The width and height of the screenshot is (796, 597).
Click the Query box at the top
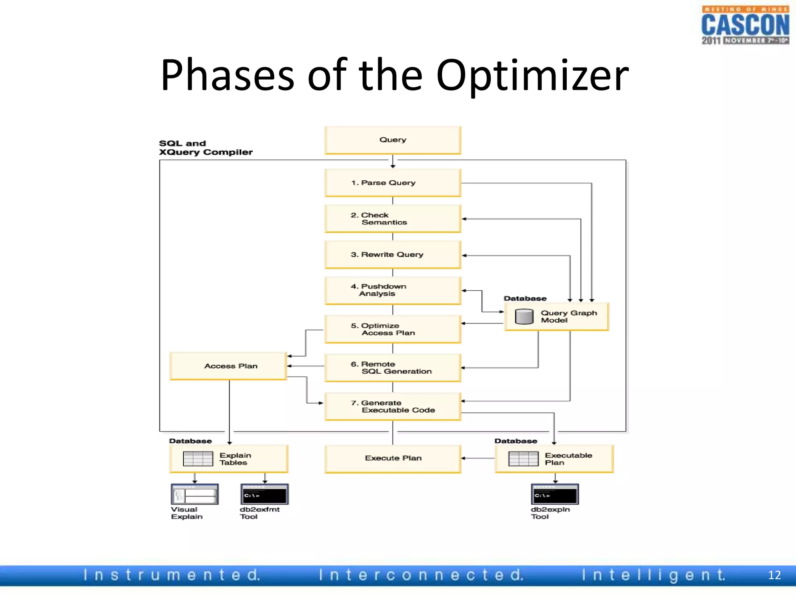pyautogui.click(x=393, y=140)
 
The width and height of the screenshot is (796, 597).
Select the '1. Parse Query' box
pyautogui.click(x=393, y=183)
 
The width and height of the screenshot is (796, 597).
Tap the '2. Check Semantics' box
pyautogui.click(x=393, y=219)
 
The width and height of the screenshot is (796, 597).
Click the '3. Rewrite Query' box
pyautogui.click(x=393, y=255)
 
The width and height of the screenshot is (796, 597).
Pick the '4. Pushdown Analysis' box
pyautogui.click(x=393, y=290)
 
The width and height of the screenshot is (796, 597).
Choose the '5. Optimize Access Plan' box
pyautogui.click(x=393, y=329)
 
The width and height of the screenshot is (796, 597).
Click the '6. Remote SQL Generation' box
pyautogui.click(x=393, y=368)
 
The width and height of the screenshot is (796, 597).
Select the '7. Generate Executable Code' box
pyautogui.click(x=393, y=407)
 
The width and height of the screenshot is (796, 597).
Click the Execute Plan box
pyautogui.click(x=393, y=459)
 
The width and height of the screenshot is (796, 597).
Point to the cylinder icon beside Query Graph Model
pyautogui.click(x=524, y=316)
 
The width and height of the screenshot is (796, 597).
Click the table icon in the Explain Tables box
pyautogui.click(x=198, y=459)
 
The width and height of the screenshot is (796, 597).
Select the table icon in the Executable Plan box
pyautogui.click(x=523, y=459)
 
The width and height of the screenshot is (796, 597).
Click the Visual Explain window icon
pyautogui.click(x=195, y=494)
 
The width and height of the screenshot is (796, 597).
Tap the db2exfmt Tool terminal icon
pyautogui.click(x=264, y=494)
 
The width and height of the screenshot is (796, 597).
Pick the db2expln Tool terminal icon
pyautogui.click(x=555, y=494)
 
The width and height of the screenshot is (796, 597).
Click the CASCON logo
pyautogui.click(x=745, y=25)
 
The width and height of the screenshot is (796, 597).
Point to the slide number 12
pyautogui.click(x=774, y=575)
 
